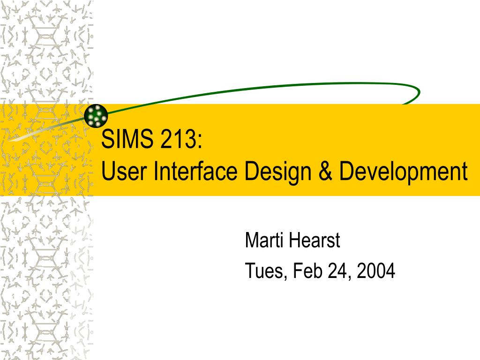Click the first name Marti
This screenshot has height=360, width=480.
click(x=263, y=240)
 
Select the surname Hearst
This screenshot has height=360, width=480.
click(x=315, y=240)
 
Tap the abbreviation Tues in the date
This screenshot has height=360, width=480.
click(x=264, y=270)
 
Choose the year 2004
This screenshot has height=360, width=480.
click(x=375, y=270)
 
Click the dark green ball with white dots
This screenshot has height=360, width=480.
click(x=96, y=115)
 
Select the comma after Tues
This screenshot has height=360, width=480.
click(x=285, y=277)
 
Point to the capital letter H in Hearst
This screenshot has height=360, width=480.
click(x=294, y=240)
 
